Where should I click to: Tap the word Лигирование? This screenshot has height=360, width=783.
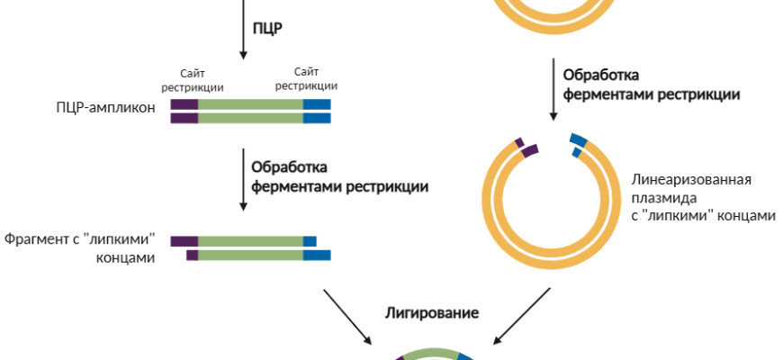coord(432,313)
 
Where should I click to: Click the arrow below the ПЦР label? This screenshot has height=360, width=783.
coord(243,31)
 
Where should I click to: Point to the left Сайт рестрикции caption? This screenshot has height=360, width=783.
coord(193,79)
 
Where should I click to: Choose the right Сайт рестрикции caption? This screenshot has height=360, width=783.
coord(306,79)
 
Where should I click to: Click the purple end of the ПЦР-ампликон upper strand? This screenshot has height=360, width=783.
coord(184,104)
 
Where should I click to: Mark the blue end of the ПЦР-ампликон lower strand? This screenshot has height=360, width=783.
coord(317,118)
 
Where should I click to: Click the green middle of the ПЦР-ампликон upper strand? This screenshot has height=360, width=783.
coord(250,104)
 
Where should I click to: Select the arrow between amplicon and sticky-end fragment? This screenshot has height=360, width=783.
coord(243,180)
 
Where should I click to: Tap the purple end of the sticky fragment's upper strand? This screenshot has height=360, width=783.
coord(184,241)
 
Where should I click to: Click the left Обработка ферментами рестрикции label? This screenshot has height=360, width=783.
coord(339,177)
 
